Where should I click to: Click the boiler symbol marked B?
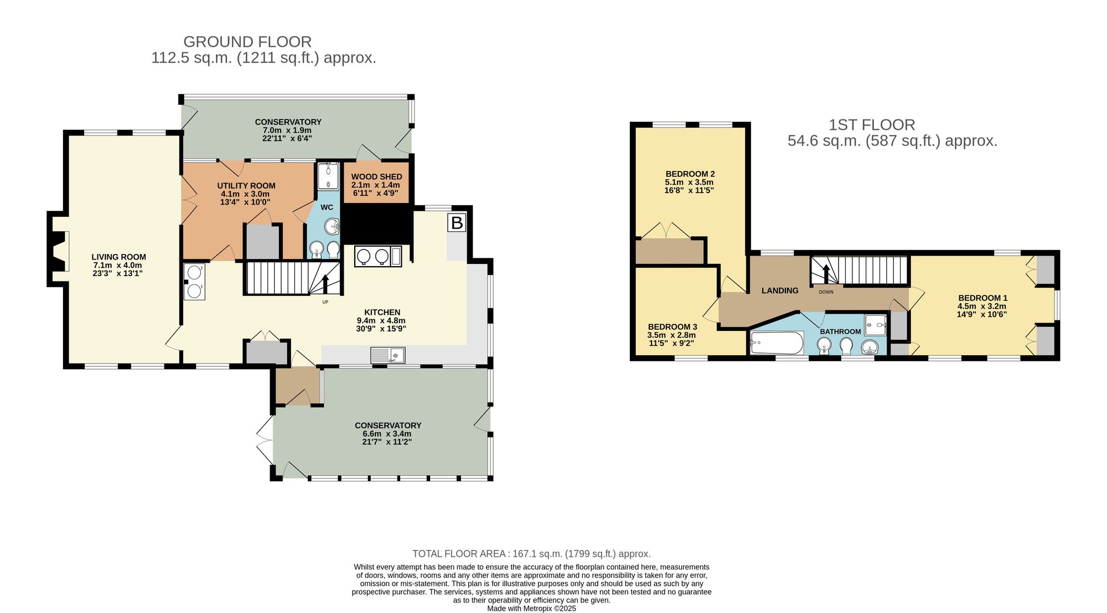[457, 223]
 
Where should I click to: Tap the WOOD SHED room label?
[376, 176]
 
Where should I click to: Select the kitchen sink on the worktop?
[388, 355]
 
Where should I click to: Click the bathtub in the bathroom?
[777, 343]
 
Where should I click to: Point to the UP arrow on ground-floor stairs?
[325, 284]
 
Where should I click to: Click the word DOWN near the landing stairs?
[826, 292]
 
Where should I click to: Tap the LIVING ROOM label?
[118, 257]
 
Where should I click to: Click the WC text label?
[327, 207]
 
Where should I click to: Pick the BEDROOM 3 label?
[673, 327]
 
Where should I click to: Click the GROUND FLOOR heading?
[247, 41]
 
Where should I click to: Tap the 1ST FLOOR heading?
[872, 125]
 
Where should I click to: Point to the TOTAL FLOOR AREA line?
[531, 554]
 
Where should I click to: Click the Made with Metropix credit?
[531, 608]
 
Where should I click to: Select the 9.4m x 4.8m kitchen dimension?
[382, 320]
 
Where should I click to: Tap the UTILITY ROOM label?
[246, 186]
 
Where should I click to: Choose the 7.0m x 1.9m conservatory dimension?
[288, 130]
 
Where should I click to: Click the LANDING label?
[780, 290]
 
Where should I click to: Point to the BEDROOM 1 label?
[983, 298]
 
